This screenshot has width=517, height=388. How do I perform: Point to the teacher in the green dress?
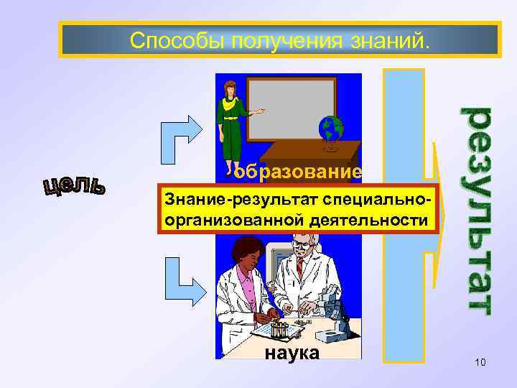click(232, 126)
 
